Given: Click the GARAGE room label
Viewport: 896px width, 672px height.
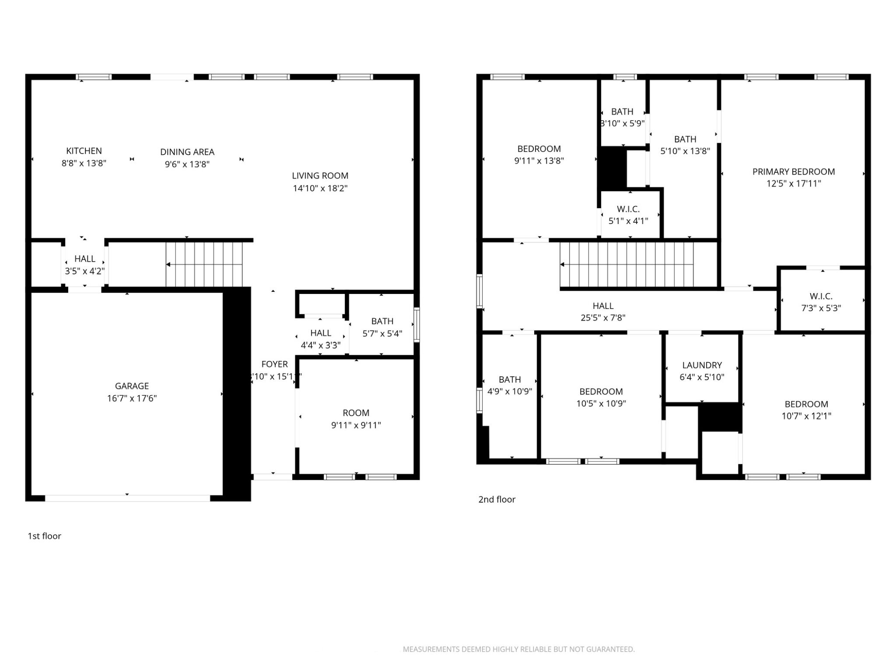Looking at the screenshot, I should point(132,386).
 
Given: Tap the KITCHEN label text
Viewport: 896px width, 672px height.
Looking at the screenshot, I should point(84,151).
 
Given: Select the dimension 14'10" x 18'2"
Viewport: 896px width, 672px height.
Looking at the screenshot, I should point(320,188).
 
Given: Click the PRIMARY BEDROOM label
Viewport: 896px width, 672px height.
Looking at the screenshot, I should point(793,172).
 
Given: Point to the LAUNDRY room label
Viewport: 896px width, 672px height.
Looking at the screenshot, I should point(702,365).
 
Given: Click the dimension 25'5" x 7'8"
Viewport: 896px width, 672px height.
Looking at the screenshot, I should point(603,318).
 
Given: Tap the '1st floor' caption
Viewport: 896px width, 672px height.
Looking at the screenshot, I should point(44,536).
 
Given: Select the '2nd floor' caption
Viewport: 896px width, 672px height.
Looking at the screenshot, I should point(497,499).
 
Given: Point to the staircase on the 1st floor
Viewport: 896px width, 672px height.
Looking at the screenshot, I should point(204,264).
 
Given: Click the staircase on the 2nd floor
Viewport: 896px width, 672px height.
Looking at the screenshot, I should point(627,264).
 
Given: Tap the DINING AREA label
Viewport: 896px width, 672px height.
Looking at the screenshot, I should point(187,152).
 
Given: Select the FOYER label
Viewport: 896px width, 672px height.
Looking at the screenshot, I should point(274,364).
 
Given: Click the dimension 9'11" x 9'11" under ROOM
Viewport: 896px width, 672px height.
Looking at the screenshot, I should point(356,425).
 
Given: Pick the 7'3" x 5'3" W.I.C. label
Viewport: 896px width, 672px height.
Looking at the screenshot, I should point(821,302).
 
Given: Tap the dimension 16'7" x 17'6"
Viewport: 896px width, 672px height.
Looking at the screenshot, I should point(132,398).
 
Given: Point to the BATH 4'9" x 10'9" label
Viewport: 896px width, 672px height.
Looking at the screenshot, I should point(510,385).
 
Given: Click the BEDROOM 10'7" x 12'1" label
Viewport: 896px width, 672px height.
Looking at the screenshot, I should point(806,410).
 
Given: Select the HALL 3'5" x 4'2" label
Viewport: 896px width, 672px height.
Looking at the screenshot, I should point(84,265).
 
